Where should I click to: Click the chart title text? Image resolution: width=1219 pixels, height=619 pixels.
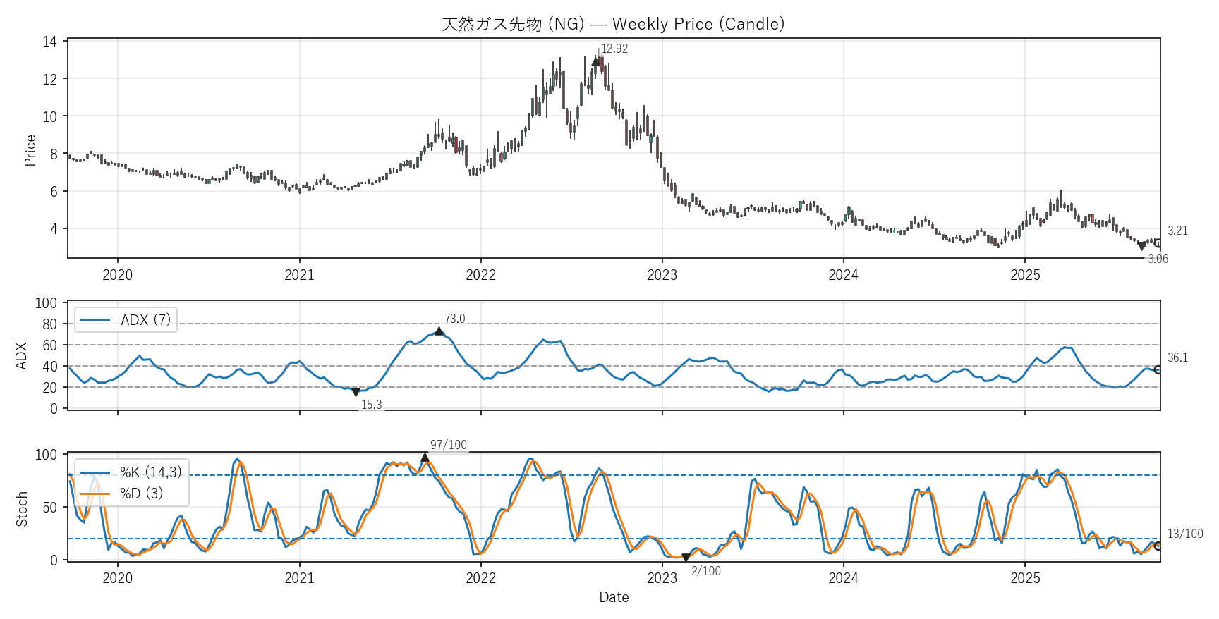[613, 24]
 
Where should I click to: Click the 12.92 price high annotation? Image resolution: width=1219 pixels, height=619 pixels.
[614, 49]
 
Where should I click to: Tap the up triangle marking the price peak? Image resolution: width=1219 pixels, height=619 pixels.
[596, 61]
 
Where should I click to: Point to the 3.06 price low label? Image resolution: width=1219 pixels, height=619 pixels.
[1158, 259]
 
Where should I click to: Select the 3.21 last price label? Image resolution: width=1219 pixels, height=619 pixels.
[1177, 231]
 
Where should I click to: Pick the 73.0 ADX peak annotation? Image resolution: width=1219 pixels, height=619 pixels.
[455, 319]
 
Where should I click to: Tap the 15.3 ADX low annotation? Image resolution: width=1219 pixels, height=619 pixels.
[372, 405]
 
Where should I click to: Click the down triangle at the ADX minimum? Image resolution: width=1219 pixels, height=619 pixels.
[356, 392]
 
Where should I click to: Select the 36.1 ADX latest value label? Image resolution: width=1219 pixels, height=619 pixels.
[1177, 357]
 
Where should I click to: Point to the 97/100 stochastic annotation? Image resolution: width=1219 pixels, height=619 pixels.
[449, 445]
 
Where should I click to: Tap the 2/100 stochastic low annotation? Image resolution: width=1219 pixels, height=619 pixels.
[706, 571]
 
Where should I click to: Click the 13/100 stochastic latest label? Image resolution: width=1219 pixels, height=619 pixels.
[1185, 534]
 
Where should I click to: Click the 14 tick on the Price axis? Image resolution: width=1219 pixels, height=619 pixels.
[49, 42]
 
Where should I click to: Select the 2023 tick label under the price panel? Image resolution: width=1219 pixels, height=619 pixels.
[662, 275]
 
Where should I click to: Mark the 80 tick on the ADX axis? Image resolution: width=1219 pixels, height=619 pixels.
[49, 324]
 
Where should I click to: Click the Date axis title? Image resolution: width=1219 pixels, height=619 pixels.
[614, 597]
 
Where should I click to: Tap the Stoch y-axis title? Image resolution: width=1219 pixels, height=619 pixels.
[22, 509]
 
